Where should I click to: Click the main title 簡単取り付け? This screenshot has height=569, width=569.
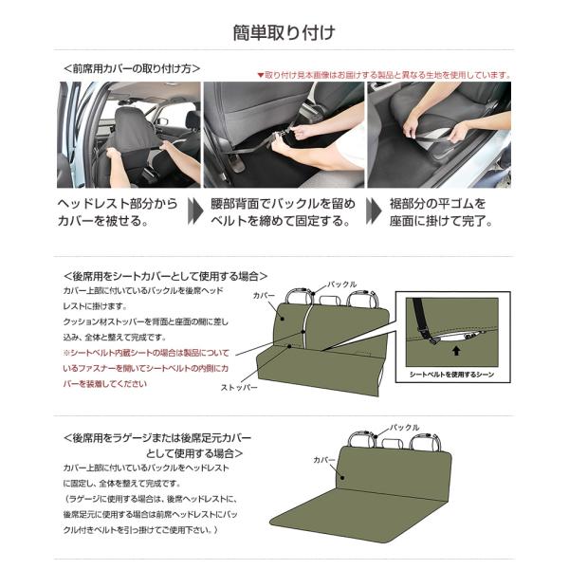(284, 32)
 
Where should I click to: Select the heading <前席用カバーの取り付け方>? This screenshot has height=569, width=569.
(132, 68)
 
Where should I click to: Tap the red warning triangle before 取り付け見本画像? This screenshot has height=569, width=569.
(260, 75)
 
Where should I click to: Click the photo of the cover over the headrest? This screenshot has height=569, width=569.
(129, 135)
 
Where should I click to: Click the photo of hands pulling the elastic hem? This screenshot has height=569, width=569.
(439, 135)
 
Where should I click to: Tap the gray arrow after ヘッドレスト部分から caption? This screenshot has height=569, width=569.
(195, 211)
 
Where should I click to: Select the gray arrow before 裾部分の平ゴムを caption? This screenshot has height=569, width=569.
(374, 211)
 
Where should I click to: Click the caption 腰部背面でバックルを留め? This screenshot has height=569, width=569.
(283, 204)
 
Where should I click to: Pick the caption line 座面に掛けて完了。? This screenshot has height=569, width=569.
(441, 220)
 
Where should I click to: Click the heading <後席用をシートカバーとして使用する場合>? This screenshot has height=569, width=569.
(165, 276)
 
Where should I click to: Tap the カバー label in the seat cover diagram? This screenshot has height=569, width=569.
(265, 296)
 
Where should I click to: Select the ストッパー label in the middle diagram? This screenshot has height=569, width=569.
(239, 388)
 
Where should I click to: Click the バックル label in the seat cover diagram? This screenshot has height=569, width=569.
(341, 284)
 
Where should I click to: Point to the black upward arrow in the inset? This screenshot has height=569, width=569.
(456, 350)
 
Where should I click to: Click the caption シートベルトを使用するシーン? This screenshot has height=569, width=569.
(452, 375)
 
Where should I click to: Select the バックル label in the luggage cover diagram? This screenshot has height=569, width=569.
(405, 428)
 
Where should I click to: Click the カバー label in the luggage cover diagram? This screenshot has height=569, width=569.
(324, 460)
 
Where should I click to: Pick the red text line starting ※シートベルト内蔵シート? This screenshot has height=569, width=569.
(146, 353)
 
